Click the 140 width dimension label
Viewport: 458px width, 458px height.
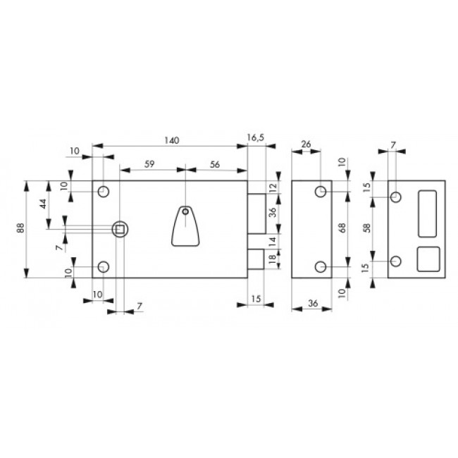pos(171,140)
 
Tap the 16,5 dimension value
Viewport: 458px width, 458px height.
pos(256,137)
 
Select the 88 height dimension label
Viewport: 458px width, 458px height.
pos(21,228)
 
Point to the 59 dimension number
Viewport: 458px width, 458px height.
pos(149,164)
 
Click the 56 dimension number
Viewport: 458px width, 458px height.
pos(215,164)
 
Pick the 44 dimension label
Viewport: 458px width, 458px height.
pos(43,204)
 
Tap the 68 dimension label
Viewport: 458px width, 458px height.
pos(342,228)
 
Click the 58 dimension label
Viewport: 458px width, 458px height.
pos(367,228)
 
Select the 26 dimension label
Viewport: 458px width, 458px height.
pos(306,144)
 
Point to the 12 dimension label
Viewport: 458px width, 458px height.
pos(273,186)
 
